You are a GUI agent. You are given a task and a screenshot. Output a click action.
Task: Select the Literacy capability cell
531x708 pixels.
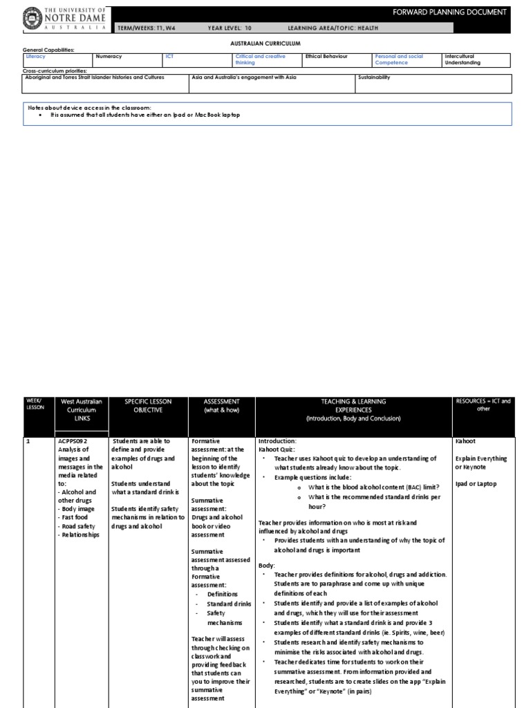[x=35, y=57]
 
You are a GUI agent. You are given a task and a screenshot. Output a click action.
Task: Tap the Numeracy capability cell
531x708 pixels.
[x=108, y=57]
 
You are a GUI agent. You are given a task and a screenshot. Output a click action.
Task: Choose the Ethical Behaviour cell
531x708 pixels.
[x=326, y=57]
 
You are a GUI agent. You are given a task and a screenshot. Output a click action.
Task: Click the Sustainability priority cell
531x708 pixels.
[x=374, y=77]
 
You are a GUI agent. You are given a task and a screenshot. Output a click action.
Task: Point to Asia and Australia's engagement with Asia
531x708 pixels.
[x=244, y=77]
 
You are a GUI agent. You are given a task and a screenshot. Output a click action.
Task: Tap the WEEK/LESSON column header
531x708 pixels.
[x=34, y=404]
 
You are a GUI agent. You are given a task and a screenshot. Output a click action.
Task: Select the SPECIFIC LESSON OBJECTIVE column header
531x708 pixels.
[x=148, y=406]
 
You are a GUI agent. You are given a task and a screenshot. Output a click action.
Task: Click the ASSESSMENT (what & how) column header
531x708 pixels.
[x=221, y=406]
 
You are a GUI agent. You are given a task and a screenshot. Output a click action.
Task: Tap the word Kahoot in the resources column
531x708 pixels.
[x=465, y=440]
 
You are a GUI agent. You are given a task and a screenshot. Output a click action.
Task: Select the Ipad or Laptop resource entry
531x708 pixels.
[x=476, y=484]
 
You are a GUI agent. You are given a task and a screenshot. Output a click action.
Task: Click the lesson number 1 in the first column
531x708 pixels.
[x=28, y=440]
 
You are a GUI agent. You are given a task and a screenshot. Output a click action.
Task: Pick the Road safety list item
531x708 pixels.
[x=79, y=526]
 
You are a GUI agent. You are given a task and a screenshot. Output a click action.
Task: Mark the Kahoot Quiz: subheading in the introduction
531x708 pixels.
[x=277, y=449]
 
